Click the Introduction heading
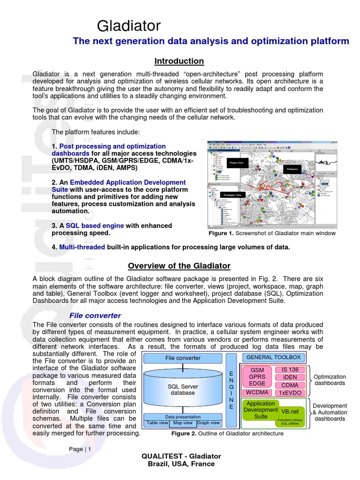tap(179, 61)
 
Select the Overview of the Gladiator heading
tap(179, 266)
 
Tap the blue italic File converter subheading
tap(95, 315)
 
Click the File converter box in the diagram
tap(182, 358)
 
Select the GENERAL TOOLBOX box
tap(273, 357)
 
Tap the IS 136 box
tap(290, 370)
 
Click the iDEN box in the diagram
tap(290, 377)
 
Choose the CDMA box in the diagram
tap(290, 385)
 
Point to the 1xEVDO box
tap(290, 393)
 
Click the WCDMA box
tap(257, 392)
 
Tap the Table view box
tap(157, 423)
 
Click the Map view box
tap(183, 423)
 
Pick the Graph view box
tap(209, 423)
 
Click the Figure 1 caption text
tap(272, 233)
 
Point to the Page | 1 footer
tap(80, 449)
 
